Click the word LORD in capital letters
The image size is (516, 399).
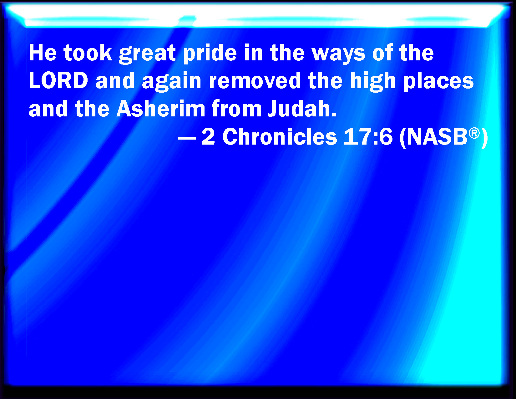pos(58,80)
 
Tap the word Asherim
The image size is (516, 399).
pos(161,109)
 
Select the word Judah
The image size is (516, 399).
pos(302,109)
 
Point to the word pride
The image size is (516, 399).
pos(210,54)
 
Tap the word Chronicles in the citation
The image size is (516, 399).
pos(280,137)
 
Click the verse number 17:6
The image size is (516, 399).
pos(368,137)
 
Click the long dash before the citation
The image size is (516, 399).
pos(187,138)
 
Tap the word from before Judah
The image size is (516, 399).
pos(236,109)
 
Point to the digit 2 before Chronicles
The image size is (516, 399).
pos(208,137)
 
